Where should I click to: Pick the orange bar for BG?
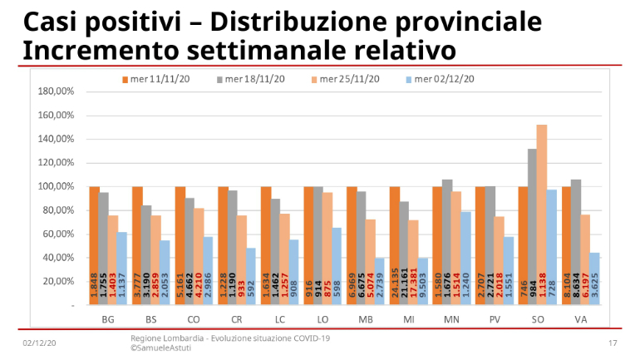coord(94,246)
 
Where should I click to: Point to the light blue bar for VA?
coord(595,279)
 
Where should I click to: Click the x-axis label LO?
coord(322,319)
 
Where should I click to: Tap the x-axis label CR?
coord(236,319)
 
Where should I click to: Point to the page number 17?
coord(613,343)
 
